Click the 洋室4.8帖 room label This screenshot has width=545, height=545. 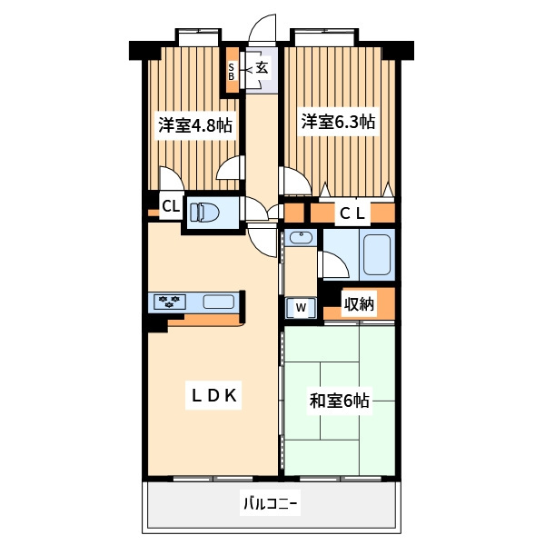point(195,125)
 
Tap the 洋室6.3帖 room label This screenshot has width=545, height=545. point(338,122)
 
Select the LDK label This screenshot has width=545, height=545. point(214,395)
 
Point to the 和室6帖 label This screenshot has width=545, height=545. point(339,401)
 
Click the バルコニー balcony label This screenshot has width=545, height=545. point(270,503)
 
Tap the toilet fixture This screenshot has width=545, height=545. point(204,212)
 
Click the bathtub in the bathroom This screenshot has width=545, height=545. point(377,254)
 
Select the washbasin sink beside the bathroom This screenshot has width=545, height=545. point(301,238)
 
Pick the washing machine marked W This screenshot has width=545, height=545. point(301,307)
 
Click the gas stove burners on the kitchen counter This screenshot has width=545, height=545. point(169,302)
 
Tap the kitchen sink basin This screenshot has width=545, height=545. point(218,302)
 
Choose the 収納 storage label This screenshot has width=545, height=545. point(359,304)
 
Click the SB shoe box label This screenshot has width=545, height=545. point(231,71)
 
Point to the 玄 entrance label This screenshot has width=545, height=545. point(263,68)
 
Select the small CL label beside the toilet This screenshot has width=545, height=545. point(171,206)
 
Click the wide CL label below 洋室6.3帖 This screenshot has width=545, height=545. point(352,213)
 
